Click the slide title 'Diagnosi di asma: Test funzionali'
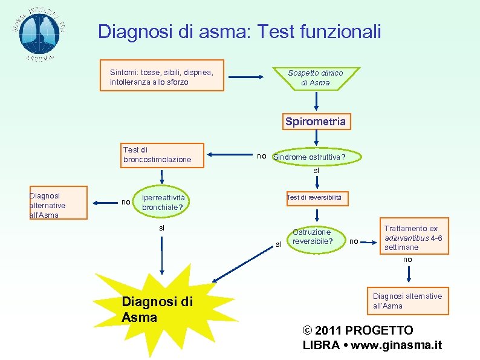(239, 31)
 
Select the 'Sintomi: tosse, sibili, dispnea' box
(162, 76)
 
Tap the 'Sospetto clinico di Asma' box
(315, 77)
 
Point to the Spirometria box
(316, 122)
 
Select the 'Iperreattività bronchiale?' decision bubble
(162, 203)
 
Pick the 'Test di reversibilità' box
(314, 197)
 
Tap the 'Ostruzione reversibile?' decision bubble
(312, 237)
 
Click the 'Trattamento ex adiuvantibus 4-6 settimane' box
(414, 238)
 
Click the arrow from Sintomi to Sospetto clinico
(249, 77)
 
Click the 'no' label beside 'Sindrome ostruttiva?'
(261, 156)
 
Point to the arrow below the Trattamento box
(409, 274)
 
